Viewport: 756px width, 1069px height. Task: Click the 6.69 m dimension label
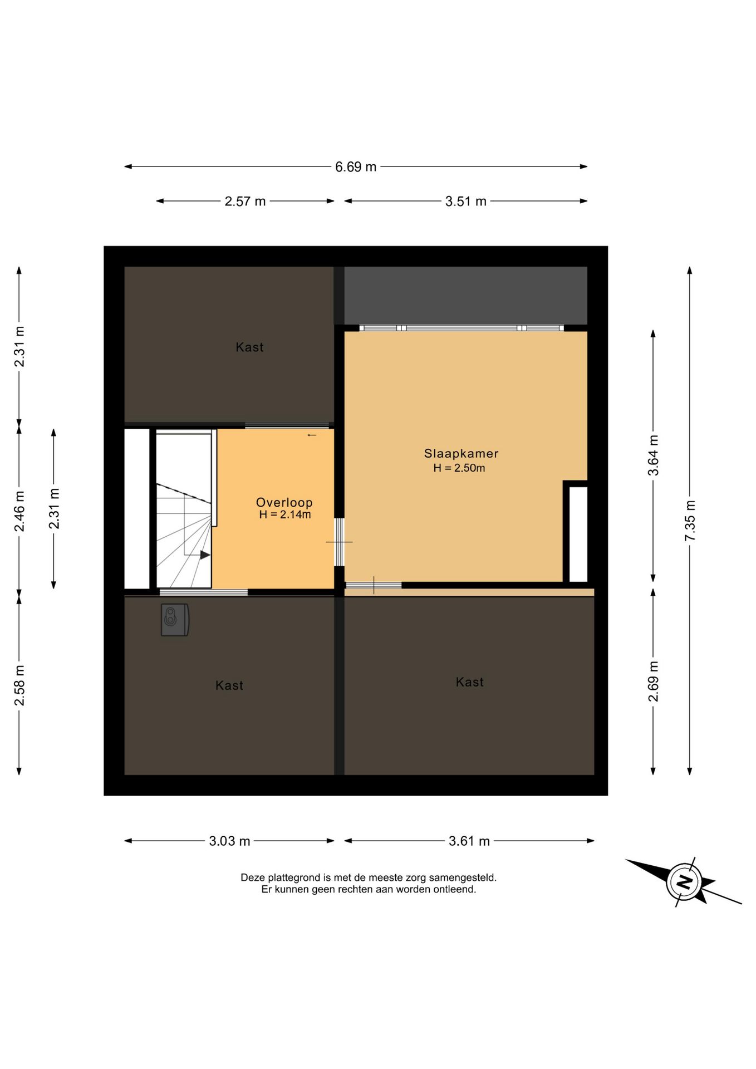click(356, 167)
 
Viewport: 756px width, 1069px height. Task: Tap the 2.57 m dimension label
click(245, 202)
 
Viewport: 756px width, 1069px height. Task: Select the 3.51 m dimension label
click(465, 202)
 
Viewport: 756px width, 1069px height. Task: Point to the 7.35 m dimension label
click(690, 521)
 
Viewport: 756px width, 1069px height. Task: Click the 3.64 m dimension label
click(654, 455)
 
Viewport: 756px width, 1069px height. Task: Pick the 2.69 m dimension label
click(654, 681)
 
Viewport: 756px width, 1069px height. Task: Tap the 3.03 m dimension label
click(229, 841)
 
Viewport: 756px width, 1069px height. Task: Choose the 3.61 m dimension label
click(469, 841)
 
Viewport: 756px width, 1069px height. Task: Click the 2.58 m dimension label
click(19, 685)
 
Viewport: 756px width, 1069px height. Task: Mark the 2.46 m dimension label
click(19, 511)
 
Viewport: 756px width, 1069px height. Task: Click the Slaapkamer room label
click(461, 454)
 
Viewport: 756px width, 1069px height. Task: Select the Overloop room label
click(284, 502)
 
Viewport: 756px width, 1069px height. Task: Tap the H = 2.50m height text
click(459, 468)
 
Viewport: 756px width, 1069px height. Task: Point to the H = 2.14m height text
click(285, 515)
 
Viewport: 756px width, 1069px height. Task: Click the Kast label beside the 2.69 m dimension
click(469, 682)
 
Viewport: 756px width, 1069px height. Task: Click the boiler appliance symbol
click(175, 620)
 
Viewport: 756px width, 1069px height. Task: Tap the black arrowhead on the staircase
click(205, 555)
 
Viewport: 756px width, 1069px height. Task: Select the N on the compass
click(684, 882)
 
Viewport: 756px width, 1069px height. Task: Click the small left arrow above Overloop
click(312, 435)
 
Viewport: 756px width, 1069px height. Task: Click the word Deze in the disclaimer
click(252, 878)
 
